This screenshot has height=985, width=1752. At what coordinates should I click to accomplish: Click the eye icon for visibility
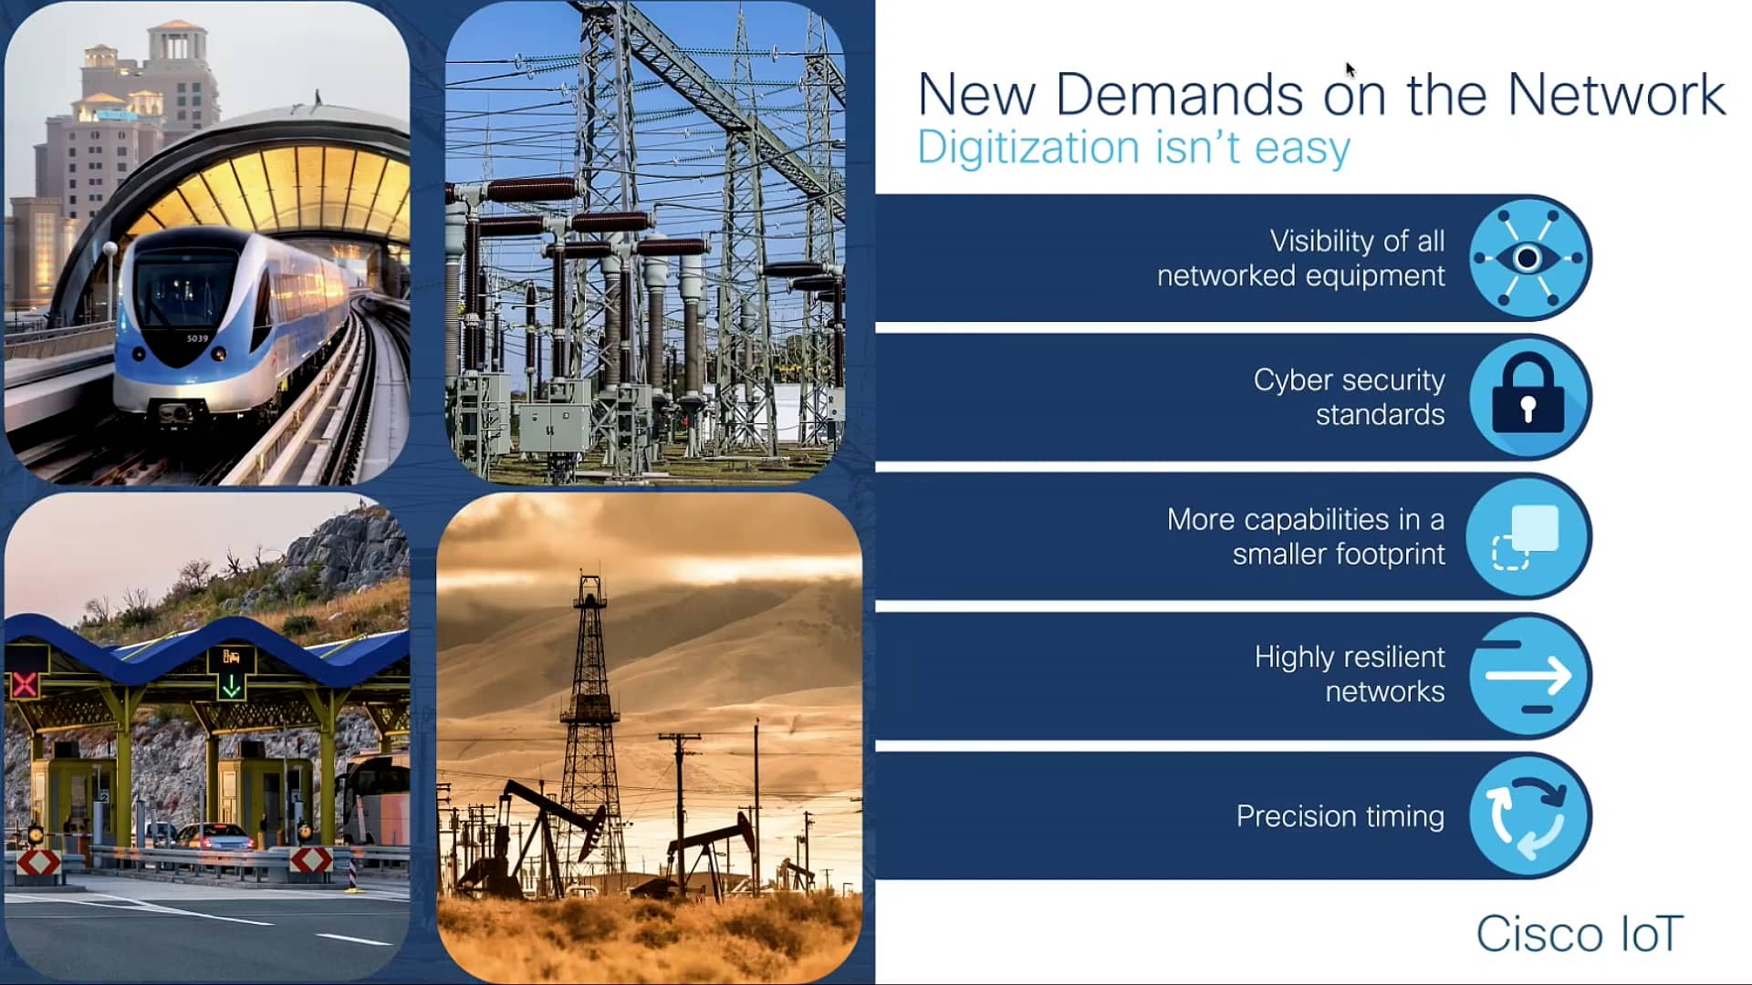pyautogui.click(x=1528, y=258)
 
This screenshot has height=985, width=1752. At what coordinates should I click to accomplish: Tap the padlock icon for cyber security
pyautogui.click(x=1528, y=398)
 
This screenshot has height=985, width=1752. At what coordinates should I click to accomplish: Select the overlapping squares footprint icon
pyautogui.click(x=1527, y=536)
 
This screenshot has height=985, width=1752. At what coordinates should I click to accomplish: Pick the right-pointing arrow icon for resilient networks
pyautogui.click(x=1528, y=676)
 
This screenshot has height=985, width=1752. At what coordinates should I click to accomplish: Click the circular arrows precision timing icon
pyautogui.click(x=1528, y=815)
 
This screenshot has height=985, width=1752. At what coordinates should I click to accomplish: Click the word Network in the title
pyautogui.click(x=1616, y=94)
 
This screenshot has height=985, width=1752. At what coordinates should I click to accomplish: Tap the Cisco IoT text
pyautogui.click(x=1580, y=934)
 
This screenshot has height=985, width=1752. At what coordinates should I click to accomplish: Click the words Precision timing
pyautogui.click(x=1340, y=815)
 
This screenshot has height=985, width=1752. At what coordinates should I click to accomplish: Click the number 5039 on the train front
pyautogui.click(x=197, y=338)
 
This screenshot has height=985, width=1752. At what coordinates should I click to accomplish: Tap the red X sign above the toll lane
pyautogui.click(x=25, y=684)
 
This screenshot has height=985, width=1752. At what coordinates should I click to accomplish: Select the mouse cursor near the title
pyautogui.click(x=1350, y=70)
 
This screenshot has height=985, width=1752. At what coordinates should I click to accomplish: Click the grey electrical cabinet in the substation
pyautogui.click(x=554, y=424)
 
